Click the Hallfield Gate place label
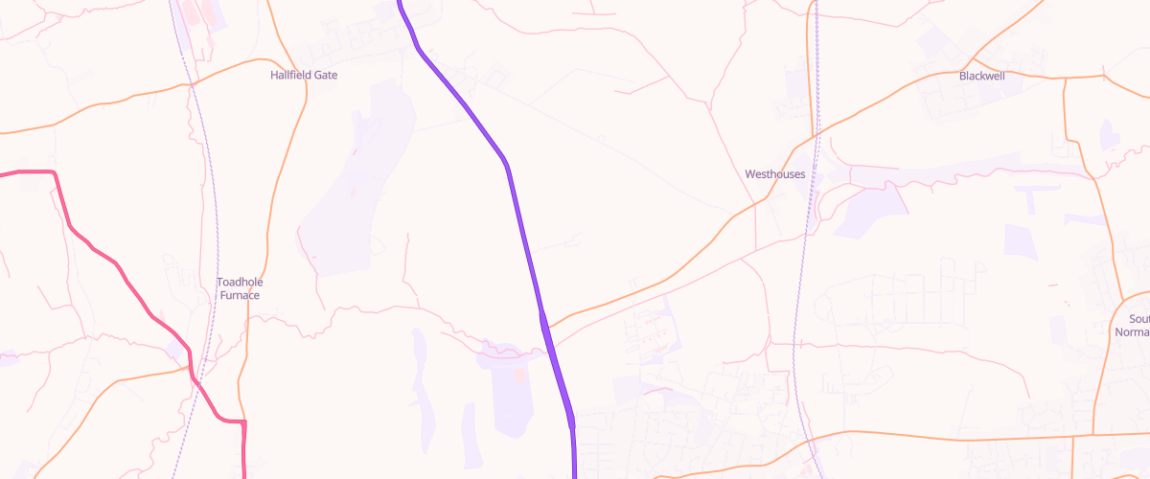pos(304,75)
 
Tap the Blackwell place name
pos(981,76)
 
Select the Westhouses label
pos(774,174)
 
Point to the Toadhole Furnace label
pos(239,288)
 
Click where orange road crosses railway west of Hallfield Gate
pos(193,84)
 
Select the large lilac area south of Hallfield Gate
pos(355,192)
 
